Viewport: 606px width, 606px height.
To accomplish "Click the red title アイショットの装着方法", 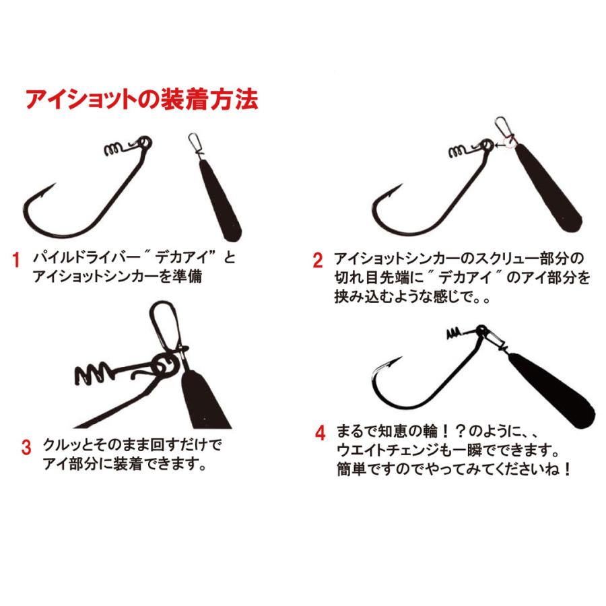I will pos(141,100).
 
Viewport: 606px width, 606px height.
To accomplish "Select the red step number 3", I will pos(26,447).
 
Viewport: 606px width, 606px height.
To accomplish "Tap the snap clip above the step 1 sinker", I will pos(195,145).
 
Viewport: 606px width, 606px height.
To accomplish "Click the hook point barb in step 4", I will pos(386,368).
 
